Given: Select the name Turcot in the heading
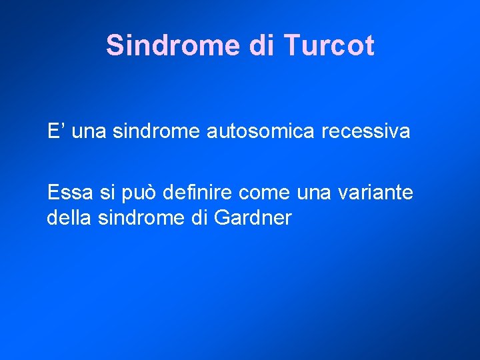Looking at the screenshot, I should pos(329,45).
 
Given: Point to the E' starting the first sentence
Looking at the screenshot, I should pos(55,131).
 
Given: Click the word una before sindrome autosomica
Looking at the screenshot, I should pos(89,131).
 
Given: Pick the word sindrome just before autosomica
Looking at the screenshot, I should pos(156,131).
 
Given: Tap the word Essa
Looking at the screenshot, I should pos(68,193).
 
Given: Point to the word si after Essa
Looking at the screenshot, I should pos(105,193).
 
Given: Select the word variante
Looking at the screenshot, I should pos(376,193).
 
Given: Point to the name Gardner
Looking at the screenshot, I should pos(255,218).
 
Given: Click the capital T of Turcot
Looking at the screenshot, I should pos(291,45).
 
